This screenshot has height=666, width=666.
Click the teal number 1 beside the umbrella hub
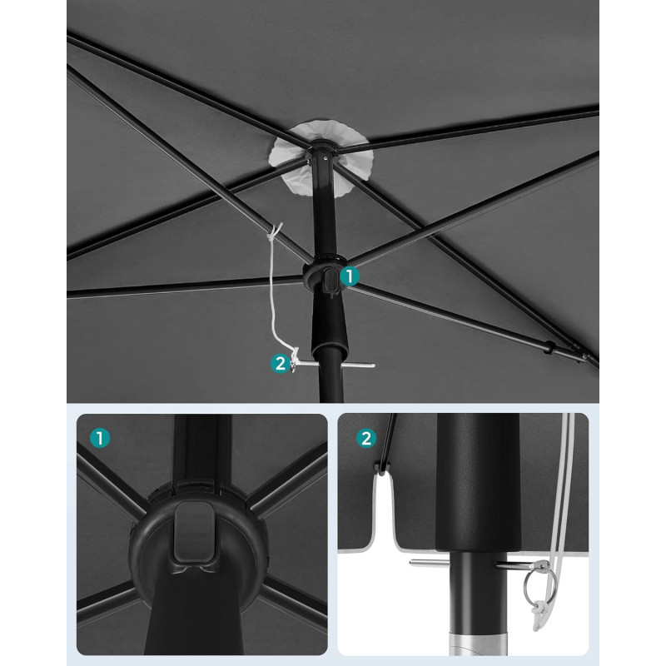click(x=349, y=276)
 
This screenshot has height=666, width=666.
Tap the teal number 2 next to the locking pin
click(x=281, y=364)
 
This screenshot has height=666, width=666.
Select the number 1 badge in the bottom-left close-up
click(x=100, y=438)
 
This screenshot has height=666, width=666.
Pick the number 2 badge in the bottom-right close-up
click(x=366, y=438)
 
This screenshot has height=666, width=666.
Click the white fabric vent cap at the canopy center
click(x=321, y=158)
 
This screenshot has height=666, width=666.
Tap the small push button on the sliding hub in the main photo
click(x=330, y=281)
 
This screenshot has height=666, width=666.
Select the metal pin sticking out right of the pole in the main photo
click(x=358, y=365)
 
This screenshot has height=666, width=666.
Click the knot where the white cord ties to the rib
click(x=275, y=232)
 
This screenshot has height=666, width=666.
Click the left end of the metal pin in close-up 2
click(x=410, y=563)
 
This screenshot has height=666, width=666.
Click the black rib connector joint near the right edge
click(x=549, y=346)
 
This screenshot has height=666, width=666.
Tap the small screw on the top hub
click(x=325, y=159)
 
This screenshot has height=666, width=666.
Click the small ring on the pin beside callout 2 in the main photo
click(x=294, y=366)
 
